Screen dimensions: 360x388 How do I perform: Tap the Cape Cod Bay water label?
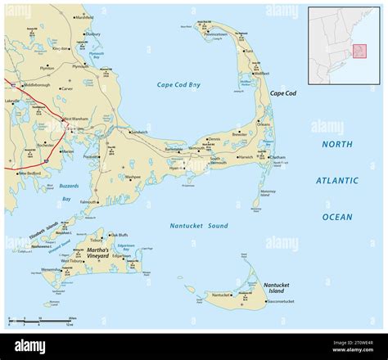click(178, 85)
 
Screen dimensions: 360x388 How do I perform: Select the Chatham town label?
click(278, 157)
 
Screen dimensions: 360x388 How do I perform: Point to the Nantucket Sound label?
click(199, 225)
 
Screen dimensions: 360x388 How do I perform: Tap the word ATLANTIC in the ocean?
click(337, 181)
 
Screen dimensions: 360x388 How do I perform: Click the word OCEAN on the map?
click(337, 217)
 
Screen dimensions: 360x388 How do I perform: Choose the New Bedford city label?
click(28, 173)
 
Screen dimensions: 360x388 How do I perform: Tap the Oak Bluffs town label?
click(120, 235)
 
